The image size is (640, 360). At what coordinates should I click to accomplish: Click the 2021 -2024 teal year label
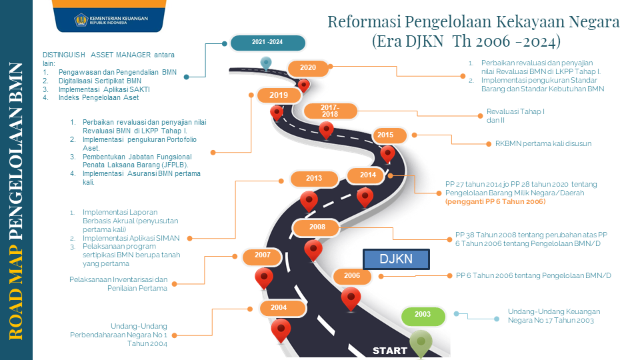(267, 42)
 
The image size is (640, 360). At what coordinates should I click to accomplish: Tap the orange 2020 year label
(308, 67)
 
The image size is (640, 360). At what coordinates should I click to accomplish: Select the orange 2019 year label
(279, 95)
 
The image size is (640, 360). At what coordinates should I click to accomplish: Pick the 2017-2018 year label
(330, 111)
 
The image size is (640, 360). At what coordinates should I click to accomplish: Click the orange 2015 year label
(385, 135)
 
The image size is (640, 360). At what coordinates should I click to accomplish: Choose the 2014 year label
(368, 175)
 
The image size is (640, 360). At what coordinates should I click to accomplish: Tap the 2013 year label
(314, 179)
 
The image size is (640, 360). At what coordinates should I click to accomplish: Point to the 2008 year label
(317, 227)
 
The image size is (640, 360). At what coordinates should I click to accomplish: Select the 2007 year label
(262, 255)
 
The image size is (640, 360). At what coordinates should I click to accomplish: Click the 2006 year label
(352, 275)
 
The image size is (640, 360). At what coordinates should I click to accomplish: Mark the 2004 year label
(279, 307)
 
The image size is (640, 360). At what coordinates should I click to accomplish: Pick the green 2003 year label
(422, 315)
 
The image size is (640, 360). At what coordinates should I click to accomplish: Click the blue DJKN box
(397, 259)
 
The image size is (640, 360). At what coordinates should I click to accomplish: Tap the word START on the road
(390, 351)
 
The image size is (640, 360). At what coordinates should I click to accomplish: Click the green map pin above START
(421, 342)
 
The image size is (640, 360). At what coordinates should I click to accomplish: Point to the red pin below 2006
(351, 299)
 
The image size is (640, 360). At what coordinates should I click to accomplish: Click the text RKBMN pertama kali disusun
(543, 143)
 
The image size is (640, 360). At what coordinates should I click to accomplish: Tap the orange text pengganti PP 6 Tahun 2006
(495, 201)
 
